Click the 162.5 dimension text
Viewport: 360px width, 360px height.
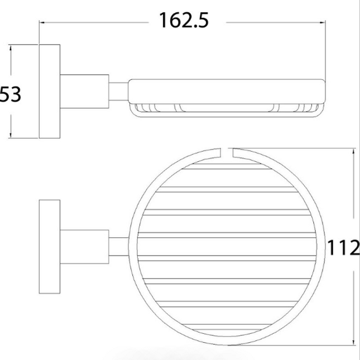pos(184,20)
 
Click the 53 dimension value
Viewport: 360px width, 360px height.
pos(11,94)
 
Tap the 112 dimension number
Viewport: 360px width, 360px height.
pos(343,248)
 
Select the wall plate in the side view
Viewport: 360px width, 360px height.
pos(50,92)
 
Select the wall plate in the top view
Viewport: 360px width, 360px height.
pos(50,247)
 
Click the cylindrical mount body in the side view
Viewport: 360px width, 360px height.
pos(84,92)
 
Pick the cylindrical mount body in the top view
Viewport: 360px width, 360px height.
pos(84,247)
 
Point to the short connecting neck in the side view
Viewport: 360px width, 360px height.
pos(118,92)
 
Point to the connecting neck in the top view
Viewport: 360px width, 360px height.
pos(118,247)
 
